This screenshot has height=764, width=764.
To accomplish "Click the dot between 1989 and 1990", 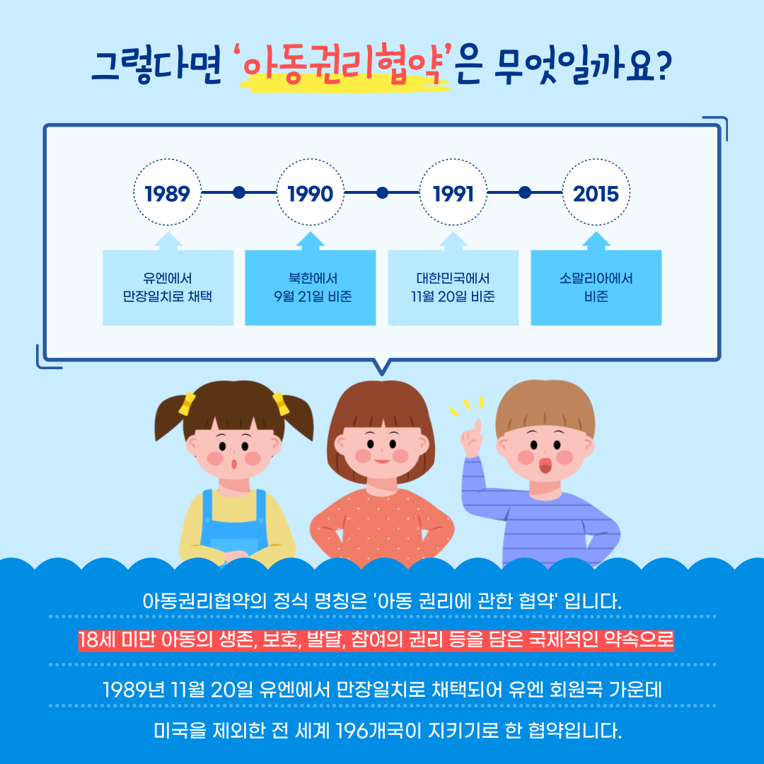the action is pos(239,192).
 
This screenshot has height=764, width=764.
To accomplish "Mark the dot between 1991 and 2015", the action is pos(525,192).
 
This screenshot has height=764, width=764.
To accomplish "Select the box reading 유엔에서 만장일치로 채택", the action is pos(168,287).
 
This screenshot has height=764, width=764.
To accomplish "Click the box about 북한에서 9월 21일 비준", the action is pos(311,287).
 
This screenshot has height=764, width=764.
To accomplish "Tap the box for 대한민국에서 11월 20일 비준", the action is pos(453,287).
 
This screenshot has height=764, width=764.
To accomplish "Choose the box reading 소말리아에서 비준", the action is pos(596,287).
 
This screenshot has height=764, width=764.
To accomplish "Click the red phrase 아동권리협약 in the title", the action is pos(345,65).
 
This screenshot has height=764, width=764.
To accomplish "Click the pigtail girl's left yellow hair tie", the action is pos(187,403).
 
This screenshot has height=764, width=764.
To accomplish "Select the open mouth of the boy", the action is pos(545,465).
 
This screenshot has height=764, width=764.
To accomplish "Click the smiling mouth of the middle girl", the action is pos(382,461).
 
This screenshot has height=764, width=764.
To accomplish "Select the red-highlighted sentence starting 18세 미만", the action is pos(376,640).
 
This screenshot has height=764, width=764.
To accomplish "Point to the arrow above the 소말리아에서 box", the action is pos(596,241).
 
